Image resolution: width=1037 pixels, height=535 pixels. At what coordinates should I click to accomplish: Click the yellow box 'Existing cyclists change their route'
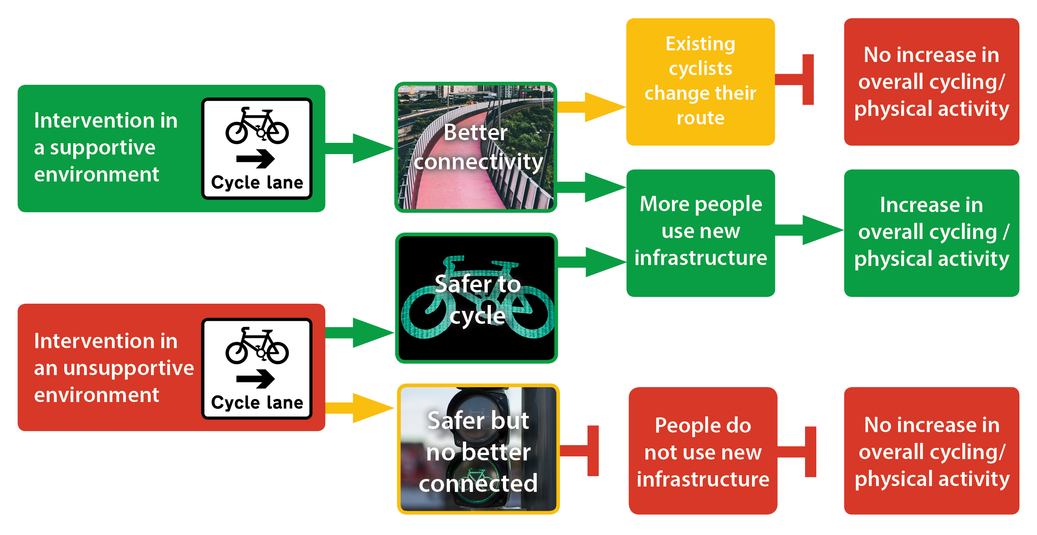700,82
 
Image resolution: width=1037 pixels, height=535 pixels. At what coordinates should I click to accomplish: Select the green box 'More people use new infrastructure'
700,233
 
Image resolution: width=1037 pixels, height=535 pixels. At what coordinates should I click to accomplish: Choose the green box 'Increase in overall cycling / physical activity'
931,233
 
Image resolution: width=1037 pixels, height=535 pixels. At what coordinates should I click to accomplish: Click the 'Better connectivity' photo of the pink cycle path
476,147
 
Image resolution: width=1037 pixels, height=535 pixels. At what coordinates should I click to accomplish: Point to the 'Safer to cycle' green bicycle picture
476,298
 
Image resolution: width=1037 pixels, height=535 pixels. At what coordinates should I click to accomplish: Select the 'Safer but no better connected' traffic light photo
478,449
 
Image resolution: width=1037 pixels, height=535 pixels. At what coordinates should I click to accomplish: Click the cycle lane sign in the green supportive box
257,149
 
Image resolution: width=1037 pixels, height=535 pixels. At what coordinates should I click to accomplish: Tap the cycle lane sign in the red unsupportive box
257,369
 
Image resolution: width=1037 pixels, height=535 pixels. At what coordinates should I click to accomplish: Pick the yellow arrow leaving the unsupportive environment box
360,408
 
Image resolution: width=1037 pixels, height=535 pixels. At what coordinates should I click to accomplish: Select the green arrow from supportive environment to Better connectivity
360,148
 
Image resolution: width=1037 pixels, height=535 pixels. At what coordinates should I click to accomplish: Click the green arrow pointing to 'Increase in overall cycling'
809,230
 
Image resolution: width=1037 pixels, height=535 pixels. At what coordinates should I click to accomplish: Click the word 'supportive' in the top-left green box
102,148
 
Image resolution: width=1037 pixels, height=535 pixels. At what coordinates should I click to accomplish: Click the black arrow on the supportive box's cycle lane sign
256,158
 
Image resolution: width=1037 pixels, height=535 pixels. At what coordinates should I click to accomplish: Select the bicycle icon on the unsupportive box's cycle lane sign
257,346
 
